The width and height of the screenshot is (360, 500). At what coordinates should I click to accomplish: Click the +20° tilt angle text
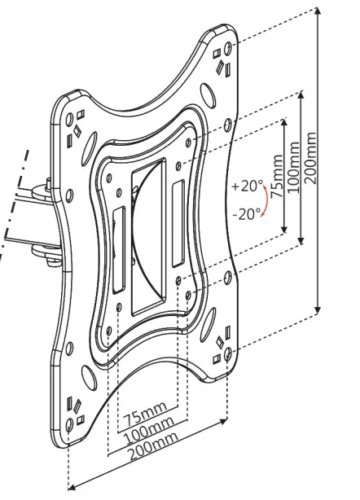[x=247, y=186]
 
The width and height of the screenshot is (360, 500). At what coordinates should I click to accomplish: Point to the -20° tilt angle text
[x=246, y=213]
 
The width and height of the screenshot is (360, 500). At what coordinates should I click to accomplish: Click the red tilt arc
[x=263, y=200]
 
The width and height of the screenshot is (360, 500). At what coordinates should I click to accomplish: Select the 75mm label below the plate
[x=145, y=412]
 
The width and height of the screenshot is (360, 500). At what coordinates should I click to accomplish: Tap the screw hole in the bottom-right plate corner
[x=229, y=353]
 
